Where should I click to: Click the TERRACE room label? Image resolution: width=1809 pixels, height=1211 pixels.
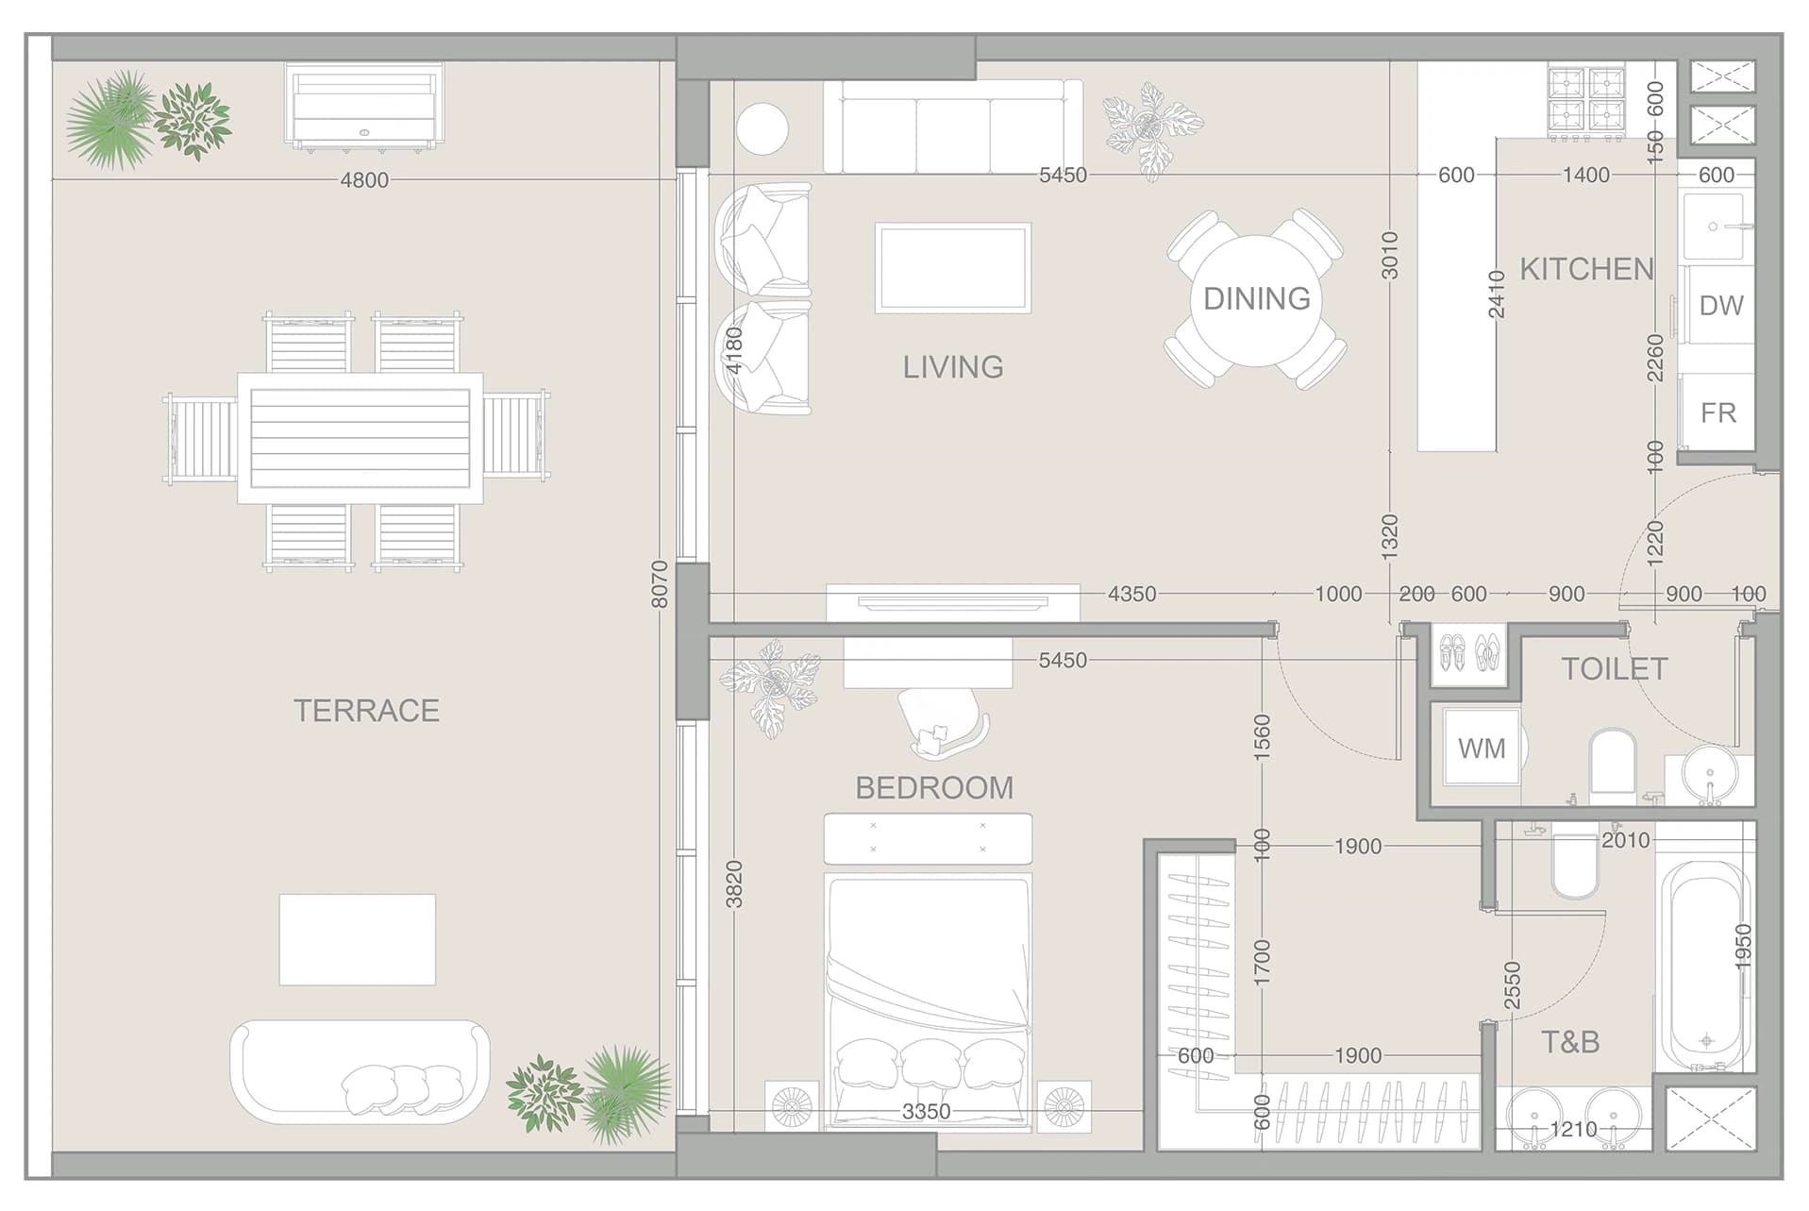[366, 711]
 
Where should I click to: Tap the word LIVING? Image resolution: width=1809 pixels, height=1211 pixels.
[953, 367]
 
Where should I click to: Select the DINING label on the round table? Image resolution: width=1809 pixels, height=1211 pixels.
[1256, 299]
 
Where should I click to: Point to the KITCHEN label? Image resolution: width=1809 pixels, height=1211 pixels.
[1586, 269]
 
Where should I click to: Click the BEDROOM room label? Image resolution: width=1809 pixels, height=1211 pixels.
[934, 788]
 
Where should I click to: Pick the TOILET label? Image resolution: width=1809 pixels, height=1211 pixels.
[1615, 669]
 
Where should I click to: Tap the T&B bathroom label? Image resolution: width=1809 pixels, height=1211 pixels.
[1570, 1042]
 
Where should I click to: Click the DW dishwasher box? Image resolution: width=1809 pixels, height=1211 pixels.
[1719, 305]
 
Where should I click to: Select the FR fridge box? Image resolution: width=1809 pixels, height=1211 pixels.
[1717, 412]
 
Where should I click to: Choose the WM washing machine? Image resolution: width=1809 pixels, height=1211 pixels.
[1482, 748]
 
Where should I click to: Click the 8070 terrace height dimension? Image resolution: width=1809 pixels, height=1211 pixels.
[660, 584]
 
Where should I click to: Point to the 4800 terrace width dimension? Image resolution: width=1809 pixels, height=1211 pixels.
[364, 180]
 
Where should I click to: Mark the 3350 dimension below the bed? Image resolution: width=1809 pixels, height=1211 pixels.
[926, 1112]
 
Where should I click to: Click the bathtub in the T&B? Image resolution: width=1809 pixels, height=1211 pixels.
[1706, 965]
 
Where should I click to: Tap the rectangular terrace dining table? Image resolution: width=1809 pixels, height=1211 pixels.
[360, 438]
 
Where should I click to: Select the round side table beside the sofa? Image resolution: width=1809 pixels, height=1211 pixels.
[762, 129]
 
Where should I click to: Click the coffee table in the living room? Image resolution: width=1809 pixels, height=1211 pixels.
[953, 268]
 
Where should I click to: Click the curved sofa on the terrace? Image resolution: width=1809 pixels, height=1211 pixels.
[360, 1071]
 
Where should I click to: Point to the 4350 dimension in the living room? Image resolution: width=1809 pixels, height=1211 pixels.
[1131, 594]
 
